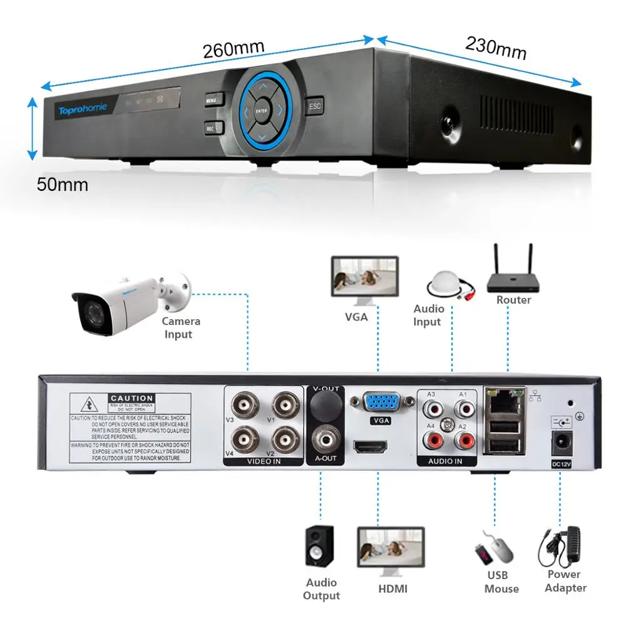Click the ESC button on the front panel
pyautogui.click(x=314, y=106)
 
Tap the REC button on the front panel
pyautogui.click(x=211, y=128)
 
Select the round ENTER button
pyautogui.click(x=262, y=111)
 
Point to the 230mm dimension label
pyautogui.click(x=495, y=48)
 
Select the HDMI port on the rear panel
pyautogui.click(x=371, y=447)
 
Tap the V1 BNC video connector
pyautogui.click(x=285, y=403)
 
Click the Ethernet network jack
pyautogui.click(x=501, y=401)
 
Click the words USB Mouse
pyautogui.click(x=501, y=582)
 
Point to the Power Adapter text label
pyautogui.click(x=565, y=581)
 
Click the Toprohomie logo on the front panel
pyautogui.click(x=83, y=110)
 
